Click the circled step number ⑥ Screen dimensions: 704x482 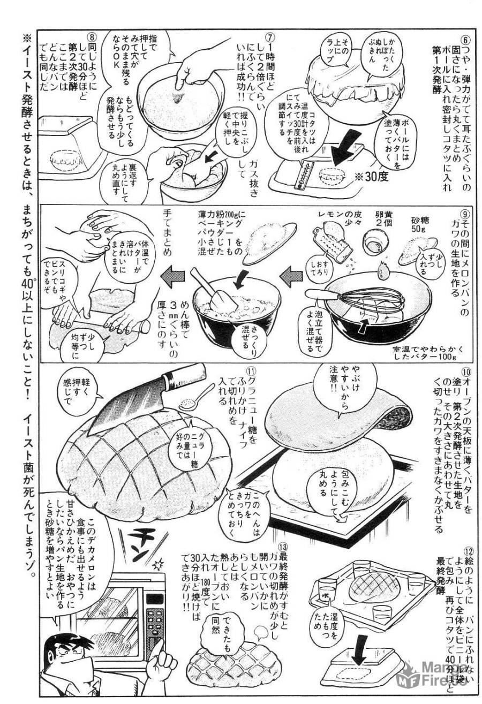pyautogui.click(x=465, y=40)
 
